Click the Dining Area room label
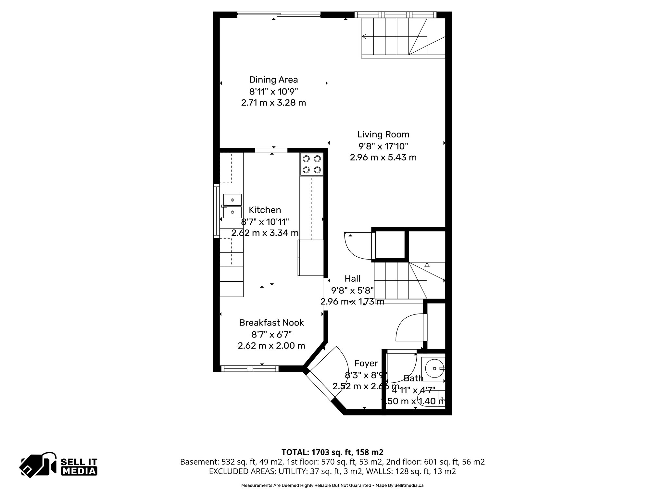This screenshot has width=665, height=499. (273, 80)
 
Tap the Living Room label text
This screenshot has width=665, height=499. (383, 134)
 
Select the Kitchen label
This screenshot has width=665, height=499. (265, 210)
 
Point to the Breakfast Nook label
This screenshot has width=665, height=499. (271, 323)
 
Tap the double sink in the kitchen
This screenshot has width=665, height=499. (232, 206)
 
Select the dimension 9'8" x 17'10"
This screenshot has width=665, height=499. (383, 146)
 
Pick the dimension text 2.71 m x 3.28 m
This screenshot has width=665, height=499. (273, 103)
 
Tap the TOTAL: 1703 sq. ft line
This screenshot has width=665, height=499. (332, 452)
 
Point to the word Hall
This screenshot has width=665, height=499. (352, 279)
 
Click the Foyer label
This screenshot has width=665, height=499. (366, 363)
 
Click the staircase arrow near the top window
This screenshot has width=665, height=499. (364, 36)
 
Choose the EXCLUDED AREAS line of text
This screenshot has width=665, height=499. (332, 471)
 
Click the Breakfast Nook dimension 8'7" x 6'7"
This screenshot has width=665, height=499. (271, 334)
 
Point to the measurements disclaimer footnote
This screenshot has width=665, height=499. (332, 486)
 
